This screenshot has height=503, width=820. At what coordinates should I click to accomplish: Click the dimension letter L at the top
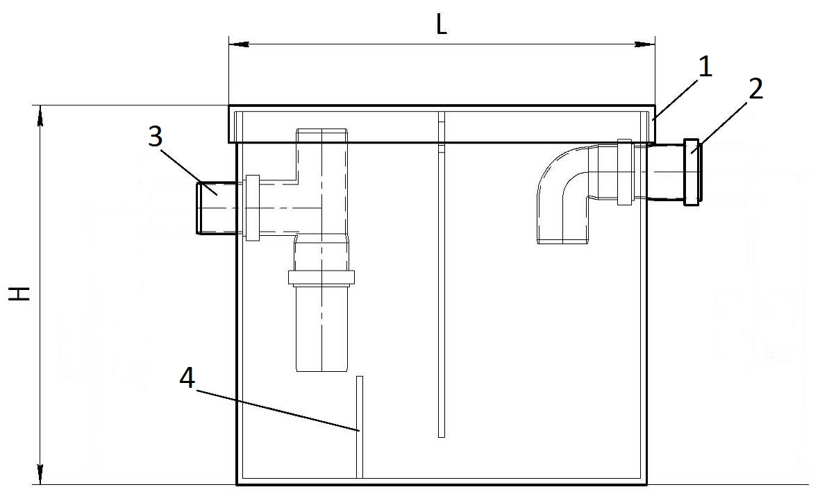point(441,25)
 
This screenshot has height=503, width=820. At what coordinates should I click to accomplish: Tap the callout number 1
point(705,67)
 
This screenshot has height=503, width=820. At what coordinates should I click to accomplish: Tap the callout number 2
point(755,89)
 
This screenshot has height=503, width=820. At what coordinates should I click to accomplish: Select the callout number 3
point(156,136)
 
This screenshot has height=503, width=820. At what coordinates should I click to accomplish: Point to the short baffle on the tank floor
point(360,427)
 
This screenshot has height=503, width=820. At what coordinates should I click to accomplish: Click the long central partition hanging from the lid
point(442,278)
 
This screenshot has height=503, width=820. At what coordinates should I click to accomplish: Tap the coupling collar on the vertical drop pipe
point(321,278)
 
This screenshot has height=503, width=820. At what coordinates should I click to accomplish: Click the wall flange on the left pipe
point(252,207)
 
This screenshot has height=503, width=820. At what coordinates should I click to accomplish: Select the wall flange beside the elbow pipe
point(624,172)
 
